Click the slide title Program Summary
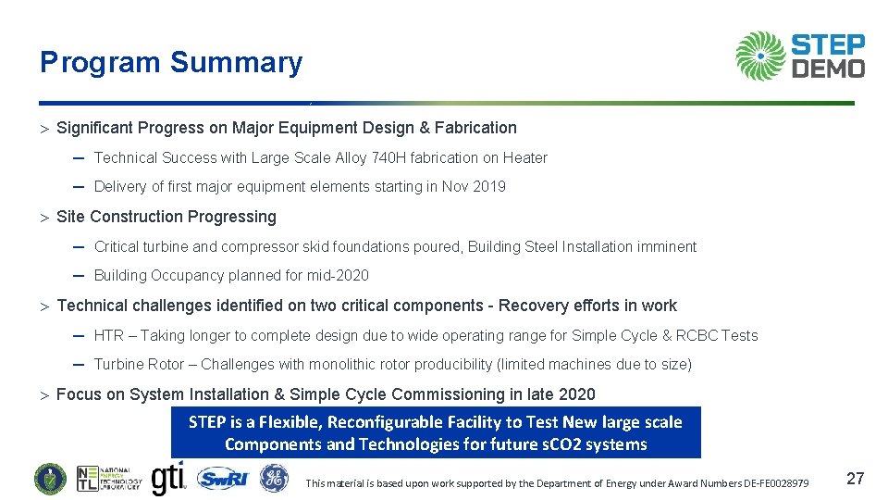[171, 63]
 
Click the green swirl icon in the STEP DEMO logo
[760, 56]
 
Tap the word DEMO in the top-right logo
[829, 69]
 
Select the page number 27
[856, 479]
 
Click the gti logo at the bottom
[167, 477]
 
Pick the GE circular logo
[274, 479]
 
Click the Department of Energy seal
[50, 479]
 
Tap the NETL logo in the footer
[108, 479]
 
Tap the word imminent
[665, 247]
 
